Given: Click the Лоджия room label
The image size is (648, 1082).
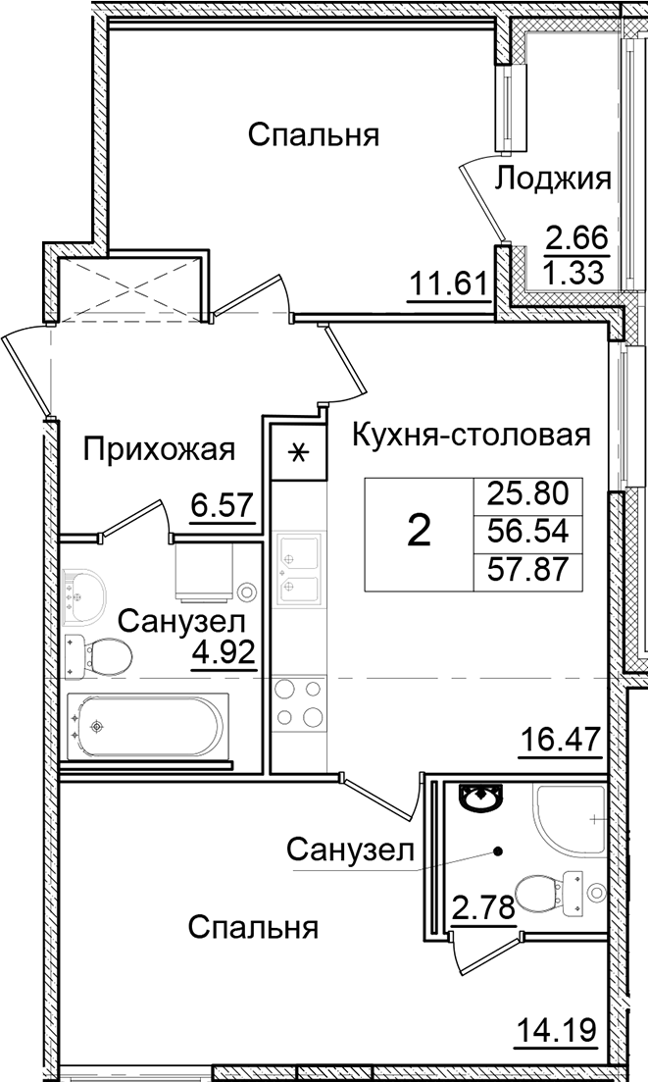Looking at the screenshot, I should pos(553,180).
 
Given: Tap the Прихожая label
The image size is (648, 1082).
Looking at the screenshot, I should pos(159,450).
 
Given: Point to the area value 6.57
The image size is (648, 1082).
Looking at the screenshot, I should pos(224,507).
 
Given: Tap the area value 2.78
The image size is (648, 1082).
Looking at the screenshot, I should pos(482,907).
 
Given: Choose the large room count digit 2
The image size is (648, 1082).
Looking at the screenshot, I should pos(419,531).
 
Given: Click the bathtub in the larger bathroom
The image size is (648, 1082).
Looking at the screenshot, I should pos(147,727).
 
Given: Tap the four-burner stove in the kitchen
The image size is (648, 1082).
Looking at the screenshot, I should pos(298,702).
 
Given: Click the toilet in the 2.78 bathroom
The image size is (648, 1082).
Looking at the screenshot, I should pos(540,893).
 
